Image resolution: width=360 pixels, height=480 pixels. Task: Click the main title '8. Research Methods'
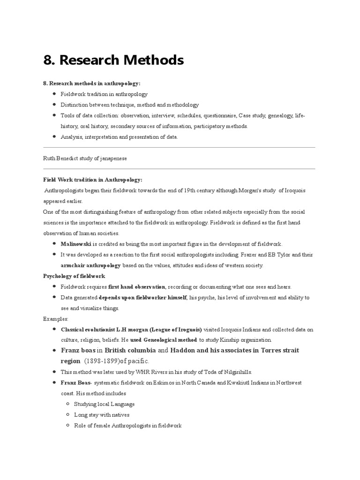(x=113, y=60)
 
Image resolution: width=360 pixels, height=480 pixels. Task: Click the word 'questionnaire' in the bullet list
(x=219, y=115)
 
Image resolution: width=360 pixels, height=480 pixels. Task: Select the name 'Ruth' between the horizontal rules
(x=49, y=158)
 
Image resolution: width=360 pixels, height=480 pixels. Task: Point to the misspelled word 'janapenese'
(x=112, y=158)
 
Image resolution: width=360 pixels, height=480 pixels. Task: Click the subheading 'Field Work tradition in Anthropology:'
(x=92, y=180)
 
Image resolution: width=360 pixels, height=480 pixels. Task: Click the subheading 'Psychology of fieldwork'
(x=74, y=276)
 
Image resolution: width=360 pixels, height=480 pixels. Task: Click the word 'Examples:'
(x=56, y=319)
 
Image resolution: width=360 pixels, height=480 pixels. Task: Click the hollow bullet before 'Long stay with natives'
(x=68, y=415)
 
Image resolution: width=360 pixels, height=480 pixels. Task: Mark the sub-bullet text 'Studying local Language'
(x=104, y=404)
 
